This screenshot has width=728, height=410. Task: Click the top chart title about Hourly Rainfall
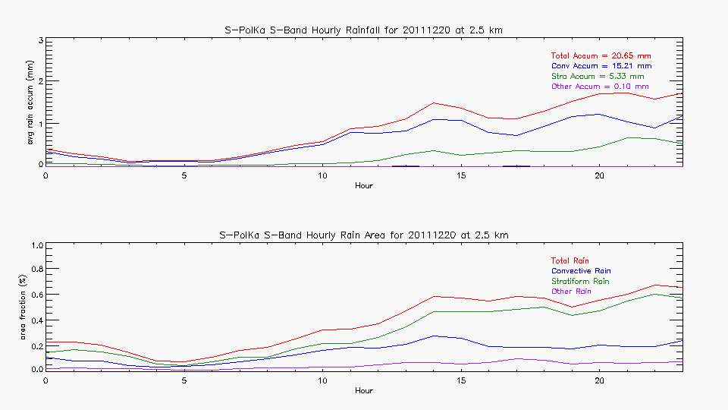pyautogui.click(x=364, y=30)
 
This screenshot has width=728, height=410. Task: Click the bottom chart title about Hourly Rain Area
pyautogui.click(x=364, y=235)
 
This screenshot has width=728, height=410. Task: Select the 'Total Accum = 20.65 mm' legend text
pyautogui.click(x=601, y=56)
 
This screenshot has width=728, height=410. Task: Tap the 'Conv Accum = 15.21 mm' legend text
pyautogui.click(x=601, y=67)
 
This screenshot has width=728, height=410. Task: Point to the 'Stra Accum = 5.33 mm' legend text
pyautogui.click(x=598, y=77)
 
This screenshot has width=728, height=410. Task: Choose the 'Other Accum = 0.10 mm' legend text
pyautogui.click(x=600, y=87)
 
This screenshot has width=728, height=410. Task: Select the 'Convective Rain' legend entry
pyautogui.click(x=581, y=271)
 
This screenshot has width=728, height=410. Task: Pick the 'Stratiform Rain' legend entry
pyautogui.click(x=580, y=281)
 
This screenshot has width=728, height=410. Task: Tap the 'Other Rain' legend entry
pyautogui.click(x=572, y=291)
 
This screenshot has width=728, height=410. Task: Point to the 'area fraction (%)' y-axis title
pyautogui.click(x=31, y=307)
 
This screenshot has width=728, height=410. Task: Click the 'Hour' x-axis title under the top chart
pyautogui.click(x=364, y=186)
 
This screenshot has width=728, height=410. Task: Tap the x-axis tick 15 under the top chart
pyautogui.click(x=460, y=175)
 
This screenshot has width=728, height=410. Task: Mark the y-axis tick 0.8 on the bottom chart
pyautogui.click(x=35, y=270)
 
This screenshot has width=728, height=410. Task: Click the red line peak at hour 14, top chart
pyautogui.click(x=433, y=102)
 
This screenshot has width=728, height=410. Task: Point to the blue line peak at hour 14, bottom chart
pyautogui.click(x=433, y=336)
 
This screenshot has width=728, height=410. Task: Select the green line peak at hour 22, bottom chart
pyautogui.click(x=654, y=294)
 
